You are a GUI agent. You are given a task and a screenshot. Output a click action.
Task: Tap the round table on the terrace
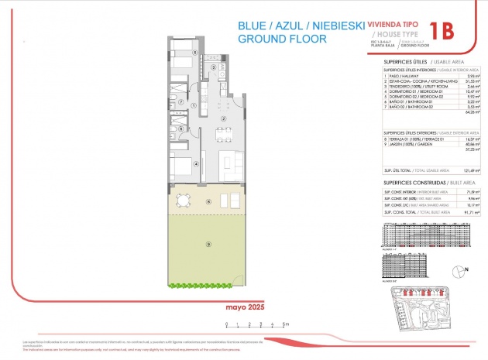pos(181,201)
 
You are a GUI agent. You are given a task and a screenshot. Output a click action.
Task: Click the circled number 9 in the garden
pos(208,244)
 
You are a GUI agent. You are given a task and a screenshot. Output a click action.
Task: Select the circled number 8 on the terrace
pos(208,201)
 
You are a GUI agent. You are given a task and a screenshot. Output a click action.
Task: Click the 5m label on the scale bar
pos(286,324)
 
